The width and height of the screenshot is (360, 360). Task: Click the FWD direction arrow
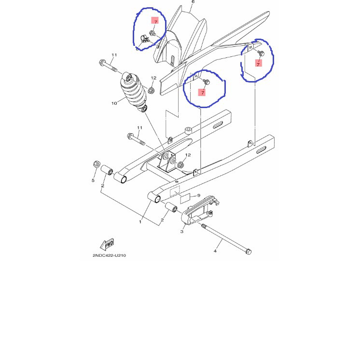pos(107,244)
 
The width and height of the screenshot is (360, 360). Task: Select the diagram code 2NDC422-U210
pos(109,255)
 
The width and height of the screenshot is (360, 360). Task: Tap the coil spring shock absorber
pos(135,92)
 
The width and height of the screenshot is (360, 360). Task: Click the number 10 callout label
pos(114,103)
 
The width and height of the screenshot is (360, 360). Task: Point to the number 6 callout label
pos(193,2)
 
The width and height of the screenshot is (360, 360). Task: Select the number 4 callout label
pos(215,251)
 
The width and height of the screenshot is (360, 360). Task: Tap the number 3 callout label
pos(182,232)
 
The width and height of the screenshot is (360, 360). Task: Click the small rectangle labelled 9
pos(185,198)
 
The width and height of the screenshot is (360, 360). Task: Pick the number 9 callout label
pos(199,195)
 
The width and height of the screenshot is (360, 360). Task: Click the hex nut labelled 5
pos(97,164)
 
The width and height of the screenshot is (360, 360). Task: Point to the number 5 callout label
pos(93,180)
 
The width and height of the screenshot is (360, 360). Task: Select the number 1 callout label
pos(140,222)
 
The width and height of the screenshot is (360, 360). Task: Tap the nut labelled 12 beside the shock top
pos(151,90)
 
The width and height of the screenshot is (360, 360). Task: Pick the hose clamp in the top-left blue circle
pos(145,39)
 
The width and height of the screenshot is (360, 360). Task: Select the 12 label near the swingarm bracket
pos(188,155)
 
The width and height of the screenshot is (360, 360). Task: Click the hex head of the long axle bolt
pos(248,252)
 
